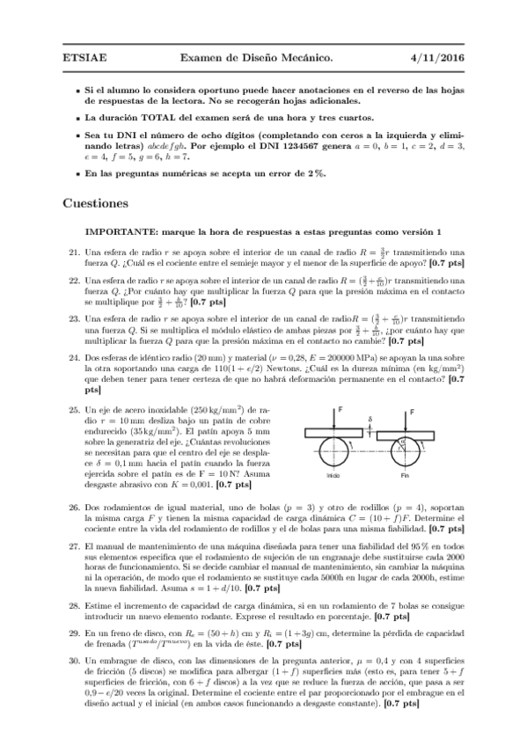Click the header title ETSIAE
[x=83, y=58]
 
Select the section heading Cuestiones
[x=96, y=203]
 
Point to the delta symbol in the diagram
[x=370, y=420]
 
